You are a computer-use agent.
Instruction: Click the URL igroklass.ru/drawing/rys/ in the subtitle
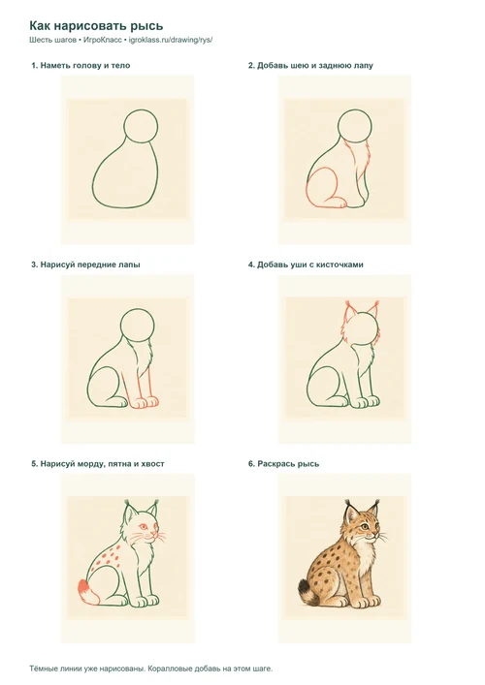pyautogui.click(x=171, y=40)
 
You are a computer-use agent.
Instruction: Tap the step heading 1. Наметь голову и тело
pyautogui.click(x=81, y=66)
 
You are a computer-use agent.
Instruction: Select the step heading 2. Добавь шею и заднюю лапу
pyautogui.click(x=310, y=66)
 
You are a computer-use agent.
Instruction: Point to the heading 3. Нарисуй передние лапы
pyautogui.click(x=85, y=265)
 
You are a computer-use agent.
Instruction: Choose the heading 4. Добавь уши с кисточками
pyautogui.click(x=306, y=265)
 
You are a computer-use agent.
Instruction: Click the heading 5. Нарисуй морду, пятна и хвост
pyautogui.click(x=98, y=463)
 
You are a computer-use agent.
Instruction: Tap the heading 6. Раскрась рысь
pyautogui.click(x=284, y=463)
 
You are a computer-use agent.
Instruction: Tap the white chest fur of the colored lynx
pyautogui.click(x=367, y=552)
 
